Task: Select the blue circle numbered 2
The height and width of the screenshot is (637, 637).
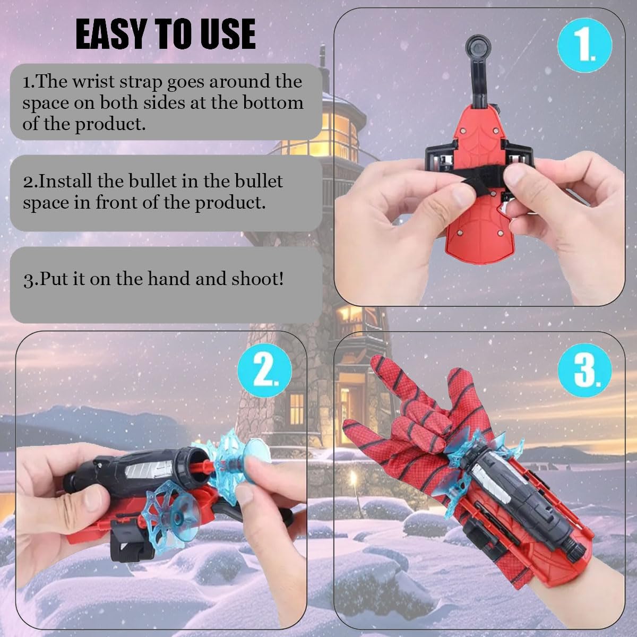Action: click(264, 370)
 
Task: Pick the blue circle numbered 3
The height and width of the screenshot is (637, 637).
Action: click(584, 370)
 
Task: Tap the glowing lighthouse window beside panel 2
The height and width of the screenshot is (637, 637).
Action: click(297, 409)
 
